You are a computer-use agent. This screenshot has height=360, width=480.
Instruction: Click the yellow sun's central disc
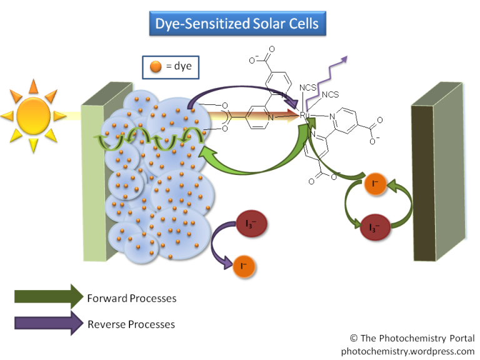point(33,116)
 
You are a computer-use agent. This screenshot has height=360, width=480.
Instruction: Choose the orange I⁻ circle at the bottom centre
point(242,266)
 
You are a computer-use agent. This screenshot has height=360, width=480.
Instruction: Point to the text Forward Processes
point(132,298)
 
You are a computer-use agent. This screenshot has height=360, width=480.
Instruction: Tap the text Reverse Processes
point(131,324)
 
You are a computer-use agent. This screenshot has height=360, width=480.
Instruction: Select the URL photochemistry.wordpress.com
point(407,351)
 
